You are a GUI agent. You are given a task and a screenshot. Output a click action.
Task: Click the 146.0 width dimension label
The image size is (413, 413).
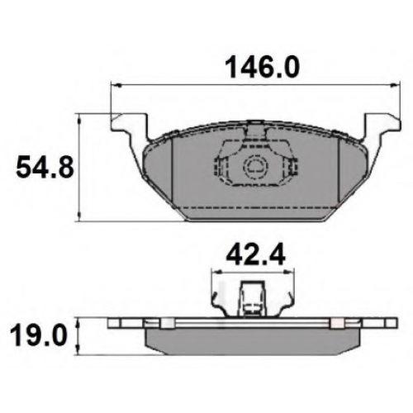pos(262,67)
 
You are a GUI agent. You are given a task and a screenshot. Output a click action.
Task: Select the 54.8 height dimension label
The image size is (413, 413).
pos(45,167)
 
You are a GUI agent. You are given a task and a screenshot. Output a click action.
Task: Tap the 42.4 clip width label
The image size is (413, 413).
pos(255,256)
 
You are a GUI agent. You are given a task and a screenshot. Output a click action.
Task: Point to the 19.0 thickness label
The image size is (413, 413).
pos(38,335)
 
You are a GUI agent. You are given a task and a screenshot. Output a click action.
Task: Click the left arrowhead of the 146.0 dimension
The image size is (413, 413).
pos(116,85)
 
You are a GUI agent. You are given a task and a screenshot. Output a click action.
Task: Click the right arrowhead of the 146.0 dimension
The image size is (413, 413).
pos(394,85)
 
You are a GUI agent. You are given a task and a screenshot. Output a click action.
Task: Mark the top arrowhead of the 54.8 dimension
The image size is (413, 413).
pos(79,119)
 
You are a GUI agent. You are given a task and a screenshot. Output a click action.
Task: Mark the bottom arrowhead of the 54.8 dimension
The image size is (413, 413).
pos(79,216)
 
